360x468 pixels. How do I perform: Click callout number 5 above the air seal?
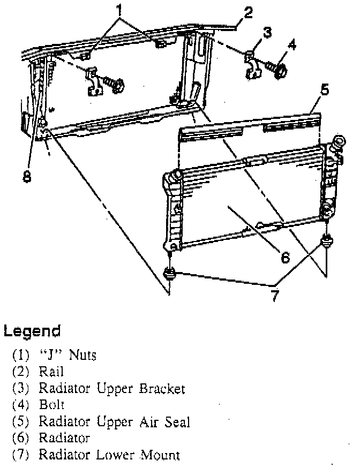324,90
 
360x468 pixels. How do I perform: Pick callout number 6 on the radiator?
285,258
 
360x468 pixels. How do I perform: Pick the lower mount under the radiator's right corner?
325,240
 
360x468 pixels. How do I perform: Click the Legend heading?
32,331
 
